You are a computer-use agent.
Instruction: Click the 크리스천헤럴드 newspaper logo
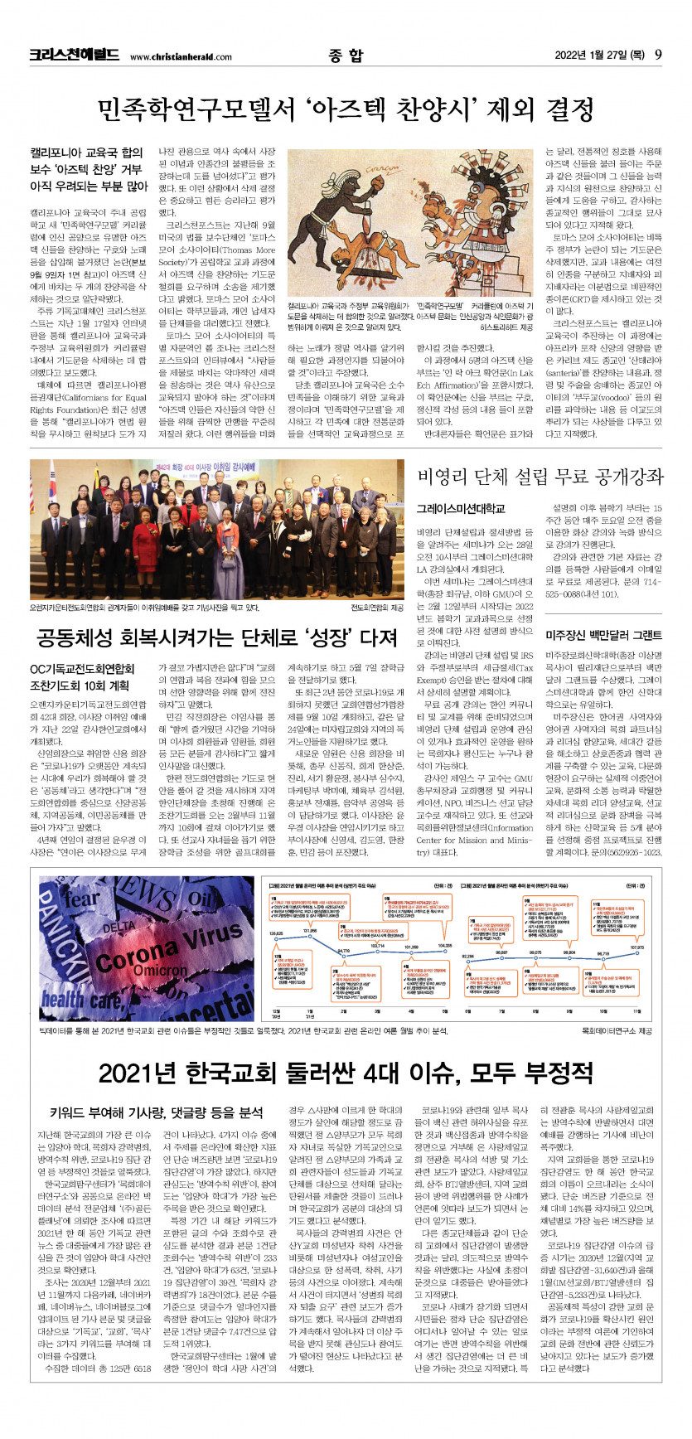[74, 56]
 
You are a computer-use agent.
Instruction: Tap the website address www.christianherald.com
[181, 57]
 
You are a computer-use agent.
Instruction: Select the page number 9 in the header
[657, 56]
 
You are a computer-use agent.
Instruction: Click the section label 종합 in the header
[345, 56]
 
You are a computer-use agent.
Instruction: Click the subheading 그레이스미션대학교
[460, 508]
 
